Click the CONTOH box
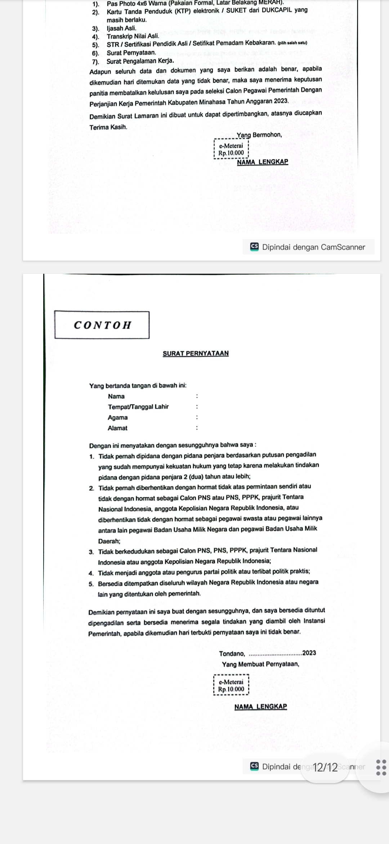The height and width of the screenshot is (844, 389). point(102,325)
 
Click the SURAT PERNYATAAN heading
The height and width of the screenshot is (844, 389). point(196,353)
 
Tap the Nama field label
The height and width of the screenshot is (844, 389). point(116,396)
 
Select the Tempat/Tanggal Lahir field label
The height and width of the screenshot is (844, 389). point(138,407)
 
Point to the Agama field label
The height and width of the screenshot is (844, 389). point(118,418)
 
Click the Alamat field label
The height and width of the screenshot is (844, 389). point(117,428)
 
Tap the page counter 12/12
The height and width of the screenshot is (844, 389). point(325,767)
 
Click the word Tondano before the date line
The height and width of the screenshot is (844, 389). point(232,654)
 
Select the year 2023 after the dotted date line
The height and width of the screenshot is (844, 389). point(309,653)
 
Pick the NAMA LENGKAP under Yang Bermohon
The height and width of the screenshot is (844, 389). point(263,162)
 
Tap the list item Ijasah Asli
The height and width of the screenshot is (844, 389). point(122,28)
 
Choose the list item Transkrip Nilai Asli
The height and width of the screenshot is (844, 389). point(133,36)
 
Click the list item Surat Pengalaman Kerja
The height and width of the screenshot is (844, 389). point(140,61)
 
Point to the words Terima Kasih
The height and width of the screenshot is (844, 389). point(108,127)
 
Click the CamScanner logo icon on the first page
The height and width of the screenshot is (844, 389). point(255,247)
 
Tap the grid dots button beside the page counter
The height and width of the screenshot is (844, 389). point(381,767)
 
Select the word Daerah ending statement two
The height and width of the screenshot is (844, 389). point(109,541)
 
